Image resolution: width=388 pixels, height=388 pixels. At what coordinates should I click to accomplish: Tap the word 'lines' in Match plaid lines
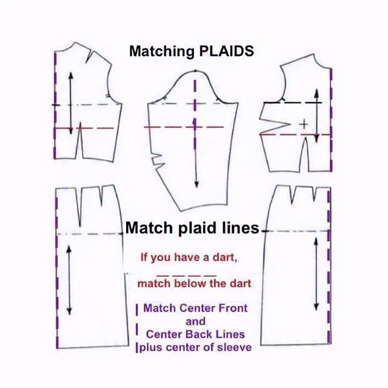tap(235, 228)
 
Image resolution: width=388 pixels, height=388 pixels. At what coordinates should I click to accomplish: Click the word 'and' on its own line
tap(195, 320)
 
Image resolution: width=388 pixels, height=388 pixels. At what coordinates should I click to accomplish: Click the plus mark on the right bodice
tap(304, 121)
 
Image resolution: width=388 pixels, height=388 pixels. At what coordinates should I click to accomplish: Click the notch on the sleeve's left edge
tap(154, 158)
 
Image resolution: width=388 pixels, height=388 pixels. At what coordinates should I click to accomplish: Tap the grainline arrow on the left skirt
tap(69, 280)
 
